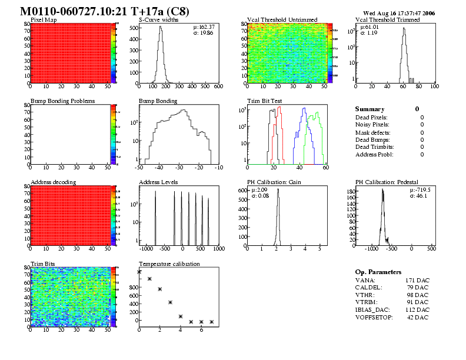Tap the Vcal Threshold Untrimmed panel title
click(282, 20)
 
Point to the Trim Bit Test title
click(264, 101)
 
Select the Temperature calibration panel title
click(169, 264)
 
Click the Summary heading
click(370, 109)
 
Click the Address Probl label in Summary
click(374, 155)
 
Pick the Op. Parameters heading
click(378, 272)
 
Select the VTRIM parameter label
click(367, 302)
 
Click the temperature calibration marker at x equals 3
click(170, 302)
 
